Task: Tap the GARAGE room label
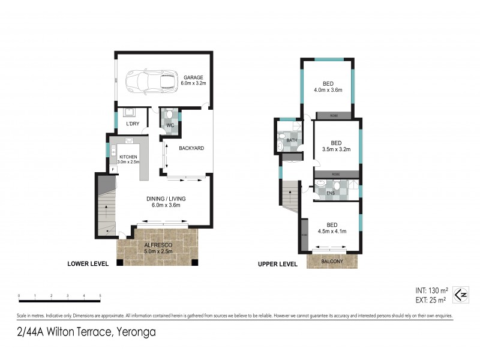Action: [x=194, y=77]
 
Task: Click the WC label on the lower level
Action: [x=169, y=126]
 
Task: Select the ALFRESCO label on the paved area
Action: [x=157, y=245]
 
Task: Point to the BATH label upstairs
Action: [x=292, y=140]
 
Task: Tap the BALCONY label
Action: [x=332, y=262]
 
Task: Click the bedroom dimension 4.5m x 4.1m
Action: [x=332, y=232]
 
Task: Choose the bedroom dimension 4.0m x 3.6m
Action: [x=328, y=90]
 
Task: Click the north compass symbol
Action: [x=460, y=294]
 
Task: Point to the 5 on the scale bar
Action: [x=100, y=296]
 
